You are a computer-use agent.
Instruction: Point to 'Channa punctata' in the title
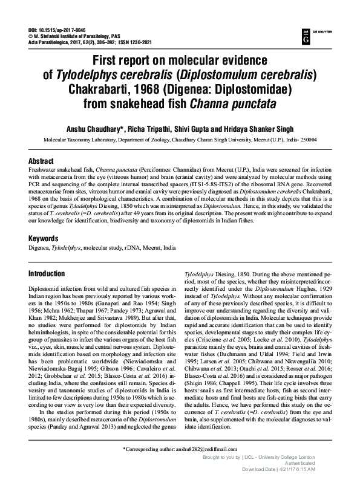coord(233,103)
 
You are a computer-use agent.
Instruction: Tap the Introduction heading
coord(47,274)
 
